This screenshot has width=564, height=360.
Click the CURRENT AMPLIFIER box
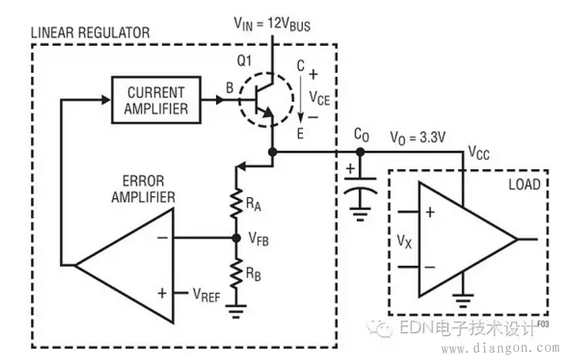[x=156, y=100]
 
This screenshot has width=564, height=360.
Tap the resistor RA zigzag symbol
[x=237, y=203]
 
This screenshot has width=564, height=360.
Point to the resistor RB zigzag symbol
[x=237, y=273]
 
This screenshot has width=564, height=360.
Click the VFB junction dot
[x=237, y=237]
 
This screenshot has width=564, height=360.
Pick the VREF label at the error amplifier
[x=206, y=295]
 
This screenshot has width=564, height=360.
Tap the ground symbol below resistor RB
[x=237, y=312]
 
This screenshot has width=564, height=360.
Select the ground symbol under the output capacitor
[x=360, y=214]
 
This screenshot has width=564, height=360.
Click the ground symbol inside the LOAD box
[x=463, y=301]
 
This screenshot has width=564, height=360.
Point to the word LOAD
[x=524, y=184]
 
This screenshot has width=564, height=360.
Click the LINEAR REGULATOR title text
[x=90, y=32]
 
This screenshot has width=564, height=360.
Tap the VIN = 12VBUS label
[x=272, y=24]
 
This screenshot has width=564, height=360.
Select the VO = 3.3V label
[x=418, y=138]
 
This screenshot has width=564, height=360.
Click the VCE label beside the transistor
[x=320, y=98]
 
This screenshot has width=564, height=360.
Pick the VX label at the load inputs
[x=404, y=241]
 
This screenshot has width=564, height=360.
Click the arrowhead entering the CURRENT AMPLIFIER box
[x=106, y=100]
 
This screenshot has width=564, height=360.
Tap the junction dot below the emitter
[x=273, y=152]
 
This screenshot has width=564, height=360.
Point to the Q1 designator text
[x=244, y=61]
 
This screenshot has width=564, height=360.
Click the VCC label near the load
[x=479, y=153]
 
